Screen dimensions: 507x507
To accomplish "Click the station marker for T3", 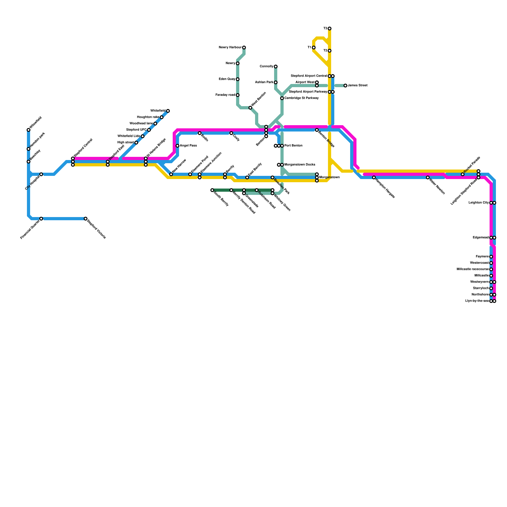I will tap(330, 29).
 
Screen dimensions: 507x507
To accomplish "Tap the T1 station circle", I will tap(314, 48).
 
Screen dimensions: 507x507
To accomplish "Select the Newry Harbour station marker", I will tap(244, 48).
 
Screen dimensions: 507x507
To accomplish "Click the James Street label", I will tap(357, 86).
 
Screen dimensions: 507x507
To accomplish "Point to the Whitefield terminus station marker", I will tap(168, 111).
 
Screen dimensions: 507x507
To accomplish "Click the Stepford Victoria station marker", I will tap(86, 219).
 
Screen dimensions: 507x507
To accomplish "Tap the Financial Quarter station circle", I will tap(41, 219).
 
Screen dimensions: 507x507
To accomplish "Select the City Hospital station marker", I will tap(41, 174).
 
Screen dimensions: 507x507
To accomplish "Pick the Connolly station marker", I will tap(276, 67).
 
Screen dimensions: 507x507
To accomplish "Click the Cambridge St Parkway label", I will tap(301, 98).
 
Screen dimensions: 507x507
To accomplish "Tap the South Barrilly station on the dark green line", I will tap(212, 190).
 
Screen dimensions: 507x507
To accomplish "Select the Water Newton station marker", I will tap(428, 177).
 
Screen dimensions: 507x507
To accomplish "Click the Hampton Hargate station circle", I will tap(374, 177).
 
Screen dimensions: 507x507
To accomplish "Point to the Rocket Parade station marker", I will tap(463, 174).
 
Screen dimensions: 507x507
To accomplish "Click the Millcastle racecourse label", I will tap(472, 269).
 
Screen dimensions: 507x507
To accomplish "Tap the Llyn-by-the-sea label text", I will tap(477, 301).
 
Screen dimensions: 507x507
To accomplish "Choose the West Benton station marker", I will tap(250, 108).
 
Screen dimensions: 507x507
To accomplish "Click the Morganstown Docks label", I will tap(300, 165).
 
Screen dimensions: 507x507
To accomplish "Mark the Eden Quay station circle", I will tap(238, 79).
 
